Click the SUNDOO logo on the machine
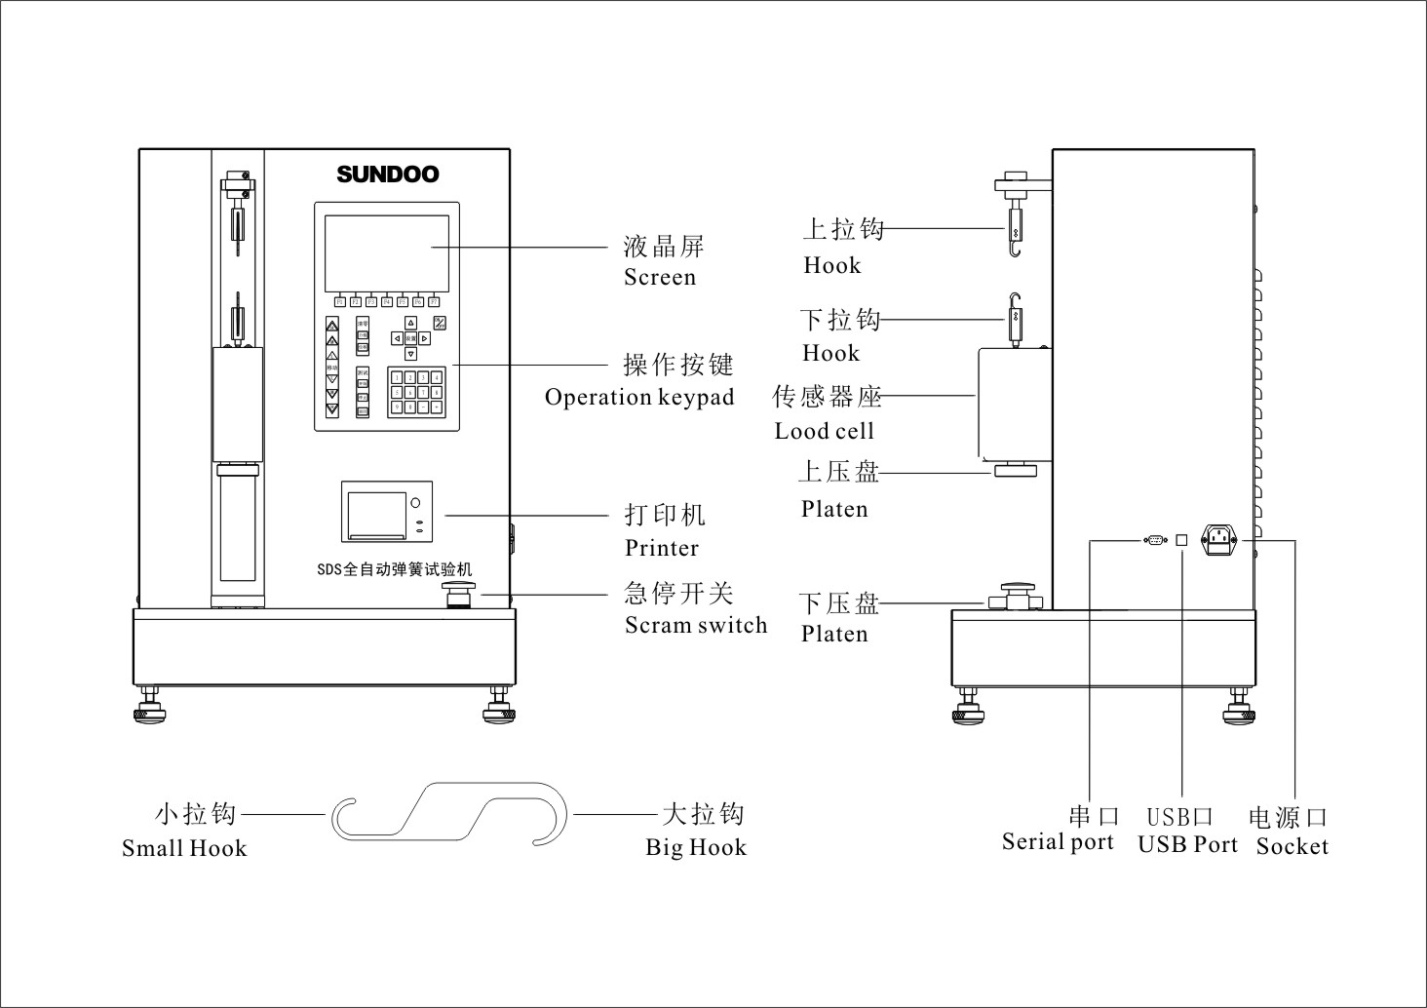click(x=388, y=174)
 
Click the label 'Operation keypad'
click(x=638, y=398)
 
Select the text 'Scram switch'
click(x=696, y=626)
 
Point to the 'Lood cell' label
click(x=824, y=432)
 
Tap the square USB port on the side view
click(x=1181, y=539)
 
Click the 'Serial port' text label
click(x=1058, y=842)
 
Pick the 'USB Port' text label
click(x=1187, y=845)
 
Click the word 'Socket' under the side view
click(x=1292, y=846)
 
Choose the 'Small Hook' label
click(x=184, y=848)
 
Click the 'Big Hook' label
click(x=696, y=848)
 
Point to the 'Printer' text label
click(x=662, y=548)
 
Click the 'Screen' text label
click(x=660, y=278)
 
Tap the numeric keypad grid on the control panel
click(x=416, y=392)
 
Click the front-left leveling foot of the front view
click(x=150, y=709)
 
